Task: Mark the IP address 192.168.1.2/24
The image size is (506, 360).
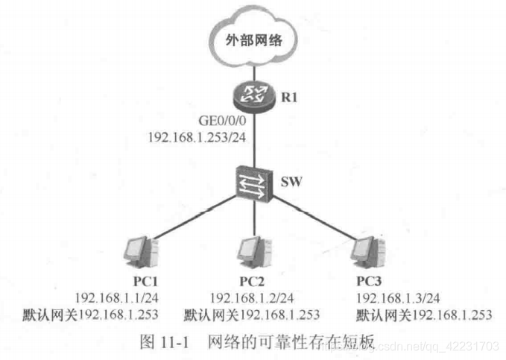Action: coord(250,297)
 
